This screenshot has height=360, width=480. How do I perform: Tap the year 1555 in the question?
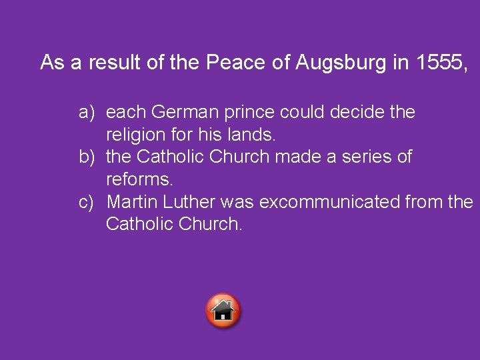pyautogui.click(x=439, y=63)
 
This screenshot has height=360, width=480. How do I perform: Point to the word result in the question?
pyautogui.click(x=113, y=63)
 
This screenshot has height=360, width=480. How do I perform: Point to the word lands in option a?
pyautogui.click(x=251, y=135)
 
